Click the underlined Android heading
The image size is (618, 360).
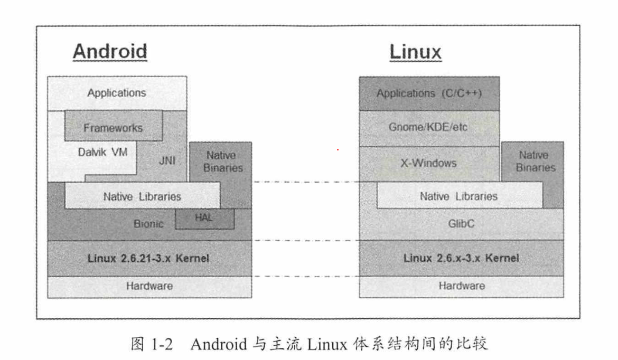coord(110,52)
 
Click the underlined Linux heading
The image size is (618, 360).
coord(415,52)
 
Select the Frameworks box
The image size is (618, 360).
coord(113,127)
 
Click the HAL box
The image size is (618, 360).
coord(205,218)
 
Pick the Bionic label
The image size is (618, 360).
coord(148,224)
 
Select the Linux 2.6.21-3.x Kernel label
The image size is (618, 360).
coord(149,258)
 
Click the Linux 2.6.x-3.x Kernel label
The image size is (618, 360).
coord(461,258)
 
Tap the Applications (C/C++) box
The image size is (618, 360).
coord(429,93)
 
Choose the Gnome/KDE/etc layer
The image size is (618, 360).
coord(429,128)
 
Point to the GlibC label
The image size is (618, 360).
coord(461,224)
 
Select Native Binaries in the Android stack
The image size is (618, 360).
coord(221,162)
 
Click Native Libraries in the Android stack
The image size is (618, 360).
coord(142,196)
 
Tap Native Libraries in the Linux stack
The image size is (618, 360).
coord(458,196)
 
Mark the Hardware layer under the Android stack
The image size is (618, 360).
coord(149,287)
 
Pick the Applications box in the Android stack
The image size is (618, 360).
coord(117,93)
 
